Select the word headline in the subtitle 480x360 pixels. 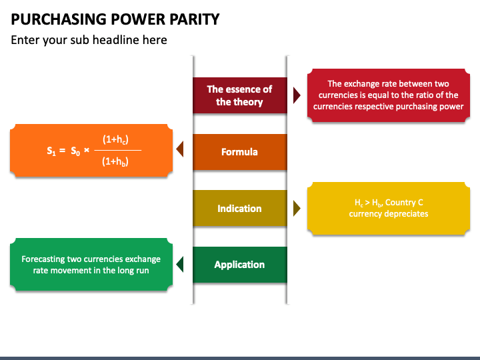pos(116,40)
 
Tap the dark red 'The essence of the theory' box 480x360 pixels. pos(240,95)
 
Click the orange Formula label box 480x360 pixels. pos(240,152)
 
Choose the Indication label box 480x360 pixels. pos(240,208)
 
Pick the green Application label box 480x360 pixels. pos(240,265)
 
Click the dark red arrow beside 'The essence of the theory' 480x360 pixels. pos(297,95)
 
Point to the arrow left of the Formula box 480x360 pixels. pos(180,149)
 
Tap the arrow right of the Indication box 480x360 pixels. pos(297,209)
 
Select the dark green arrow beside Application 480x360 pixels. pos(180,265)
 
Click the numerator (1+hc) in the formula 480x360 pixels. pos(115,139)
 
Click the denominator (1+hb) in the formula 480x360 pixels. pos(115,161)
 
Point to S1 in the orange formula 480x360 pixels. pos(51,151)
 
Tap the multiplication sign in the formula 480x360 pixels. pos(87,150)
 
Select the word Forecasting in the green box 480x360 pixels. pos(43,259)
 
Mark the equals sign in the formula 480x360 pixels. pos(63,150)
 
